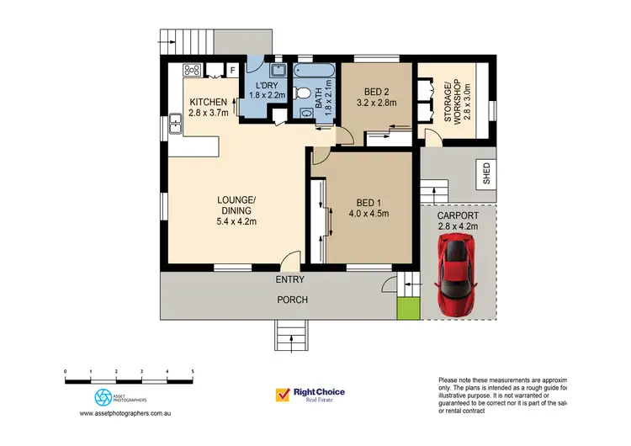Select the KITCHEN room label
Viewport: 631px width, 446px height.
click(208, 102)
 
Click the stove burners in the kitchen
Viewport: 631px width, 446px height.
click(191, 71)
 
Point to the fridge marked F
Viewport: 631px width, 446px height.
click(232, 71)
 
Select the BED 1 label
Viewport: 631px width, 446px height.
click(363, 202)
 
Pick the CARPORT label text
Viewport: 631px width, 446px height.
click(459, 214)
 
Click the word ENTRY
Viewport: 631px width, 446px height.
click(289, 280)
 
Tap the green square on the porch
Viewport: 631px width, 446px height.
click(407, 309)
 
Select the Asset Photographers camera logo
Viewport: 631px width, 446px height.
click(103, 396)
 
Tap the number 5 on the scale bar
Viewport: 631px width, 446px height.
click(193, 370)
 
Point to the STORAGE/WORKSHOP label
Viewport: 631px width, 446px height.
click(453, 102)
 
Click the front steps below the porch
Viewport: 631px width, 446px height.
click(292, 335)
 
